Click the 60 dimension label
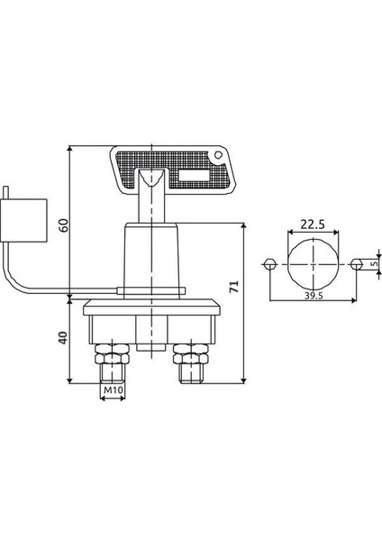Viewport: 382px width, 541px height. pyautogui.click(x=63, y=225)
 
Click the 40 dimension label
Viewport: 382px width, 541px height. pyautogui.click(x=63, y=338)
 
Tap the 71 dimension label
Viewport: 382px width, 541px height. pyautogui.click(x=234, y=287)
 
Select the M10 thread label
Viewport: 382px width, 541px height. pyautogui.click(x=114, y=390)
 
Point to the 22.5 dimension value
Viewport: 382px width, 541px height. pyautogui.click(x=313, y=225)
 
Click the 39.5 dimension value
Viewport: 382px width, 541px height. pyautogui.click(x=314, y=296)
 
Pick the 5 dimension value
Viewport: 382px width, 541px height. pyautogui.click(x=375, y=263)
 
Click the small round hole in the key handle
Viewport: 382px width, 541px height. pyautogui.click(x=217, y=155)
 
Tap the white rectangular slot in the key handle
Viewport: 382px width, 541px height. pyautogui.click(x=194, y=176)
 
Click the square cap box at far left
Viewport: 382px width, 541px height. pyautogui.click(x=23, y=221)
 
